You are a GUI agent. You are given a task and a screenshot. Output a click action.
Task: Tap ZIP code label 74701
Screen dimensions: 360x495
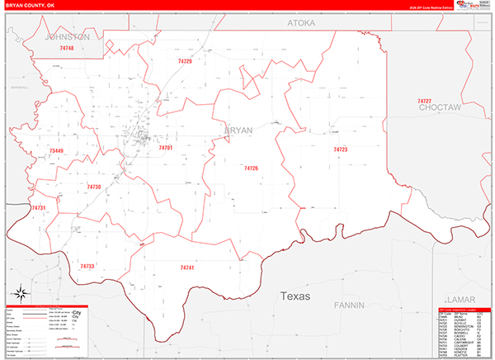tap(165, 148)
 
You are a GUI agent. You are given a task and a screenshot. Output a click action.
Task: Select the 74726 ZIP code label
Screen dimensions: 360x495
tap(251, 168)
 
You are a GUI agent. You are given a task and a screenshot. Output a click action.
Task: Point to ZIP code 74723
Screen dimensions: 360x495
tap(340, 149)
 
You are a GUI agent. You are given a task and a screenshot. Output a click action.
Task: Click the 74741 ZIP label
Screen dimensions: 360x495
tap(187, 268)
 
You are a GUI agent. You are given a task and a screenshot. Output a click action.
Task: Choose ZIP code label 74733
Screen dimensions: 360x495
tap(87, 267)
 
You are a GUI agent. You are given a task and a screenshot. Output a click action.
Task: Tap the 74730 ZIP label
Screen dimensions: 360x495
tap(93, 187)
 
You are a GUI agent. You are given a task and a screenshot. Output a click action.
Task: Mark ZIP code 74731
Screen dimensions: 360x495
tap(40, 208)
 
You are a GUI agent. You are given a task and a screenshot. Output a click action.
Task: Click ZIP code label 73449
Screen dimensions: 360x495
tap(56, 151)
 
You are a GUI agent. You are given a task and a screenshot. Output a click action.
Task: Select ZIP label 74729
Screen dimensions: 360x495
tap(184, 61)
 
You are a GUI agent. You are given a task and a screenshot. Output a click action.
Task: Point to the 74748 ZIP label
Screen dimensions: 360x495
tap(67, 49)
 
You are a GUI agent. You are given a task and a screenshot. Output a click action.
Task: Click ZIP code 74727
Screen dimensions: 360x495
tap(424, 101)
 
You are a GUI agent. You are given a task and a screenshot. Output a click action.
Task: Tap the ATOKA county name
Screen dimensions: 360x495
tap(301, 24)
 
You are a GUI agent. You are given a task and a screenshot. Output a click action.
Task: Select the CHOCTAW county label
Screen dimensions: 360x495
tap(438, 108)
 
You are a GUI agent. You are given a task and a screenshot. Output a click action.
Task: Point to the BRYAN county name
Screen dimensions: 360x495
tap(238, 130)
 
